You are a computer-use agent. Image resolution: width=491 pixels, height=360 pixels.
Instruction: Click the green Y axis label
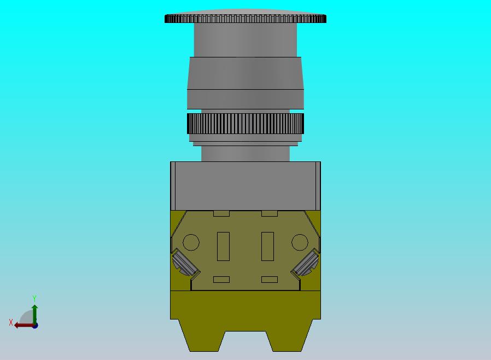34,298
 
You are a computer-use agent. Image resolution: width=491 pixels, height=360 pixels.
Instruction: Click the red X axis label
11,322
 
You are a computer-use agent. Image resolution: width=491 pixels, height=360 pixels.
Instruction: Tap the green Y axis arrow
35,315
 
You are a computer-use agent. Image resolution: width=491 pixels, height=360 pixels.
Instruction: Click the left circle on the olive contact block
191,242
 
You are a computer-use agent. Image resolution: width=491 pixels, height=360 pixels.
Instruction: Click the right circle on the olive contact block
300,242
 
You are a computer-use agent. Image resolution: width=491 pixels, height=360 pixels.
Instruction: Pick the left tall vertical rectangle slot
223,246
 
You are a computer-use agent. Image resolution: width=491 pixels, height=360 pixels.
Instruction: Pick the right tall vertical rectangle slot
268,246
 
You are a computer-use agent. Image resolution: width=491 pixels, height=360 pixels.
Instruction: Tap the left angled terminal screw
185,263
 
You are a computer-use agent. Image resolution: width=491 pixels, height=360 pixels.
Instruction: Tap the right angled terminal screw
306,263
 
